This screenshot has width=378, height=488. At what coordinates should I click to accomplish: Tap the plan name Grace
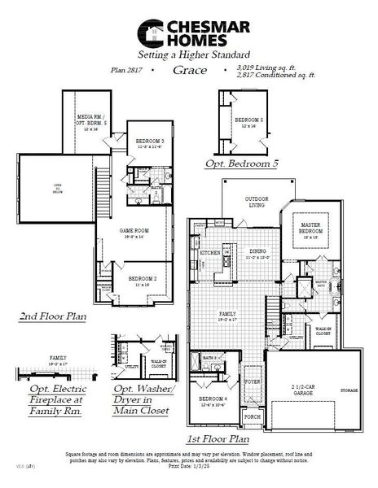pyautogui.click(x=191, y=71)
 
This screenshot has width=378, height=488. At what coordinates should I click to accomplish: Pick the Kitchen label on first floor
pyautogui.click(x=209, y=253)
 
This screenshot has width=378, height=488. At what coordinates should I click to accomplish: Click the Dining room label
pyautogui.click(x=259, y=254)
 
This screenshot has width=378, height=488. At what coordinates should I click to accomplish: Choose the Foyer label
pyautogui.click(x=253, y=381)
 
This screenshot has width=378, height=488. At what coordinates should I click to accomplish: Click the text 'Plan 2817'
pyautogui.click(x=125, y=71)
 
